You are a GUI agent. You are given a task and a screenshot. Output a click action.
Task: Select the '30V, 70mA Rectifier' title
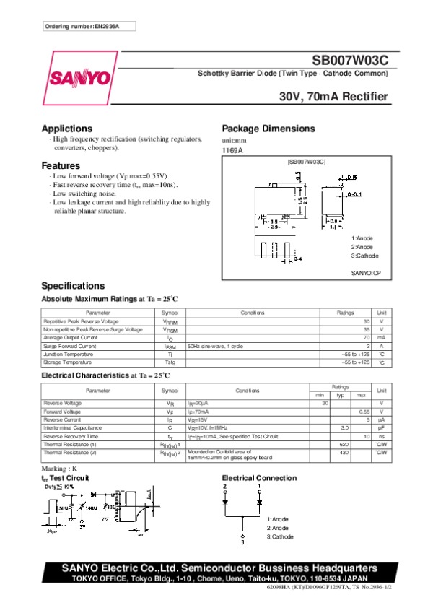click(334, 97)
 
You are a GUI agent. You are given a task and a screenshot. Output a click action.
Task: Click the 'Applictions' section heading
click(67, 129)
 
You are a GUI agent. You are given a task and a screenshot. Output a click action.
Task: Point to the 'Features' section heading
click(61, 165)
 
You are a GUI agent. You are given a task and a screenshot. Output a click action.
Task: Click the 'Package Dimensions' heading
click(268, 129)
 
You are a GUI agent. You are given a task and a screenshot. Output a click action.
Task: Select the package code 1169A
click(232, 150)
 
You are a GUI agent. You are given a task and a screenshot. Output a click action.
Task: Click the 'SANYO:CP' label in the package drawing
click(366, 274)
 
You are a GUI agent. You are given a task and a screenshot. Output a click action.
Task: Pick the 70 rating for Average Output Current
click(366, 337)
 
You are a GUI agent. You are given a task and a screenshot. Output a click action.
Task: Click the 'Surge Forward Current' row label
click(70, 346)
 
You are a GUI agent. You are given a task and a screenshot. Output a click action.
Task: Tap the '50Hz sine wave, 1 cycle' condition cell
click(215, 346)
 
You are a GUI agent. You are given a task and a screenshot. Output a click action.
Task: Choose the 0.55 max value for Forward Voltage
click(364, 411)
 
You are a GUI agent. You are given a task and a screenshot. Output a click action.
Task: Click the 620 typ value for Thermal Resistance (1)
click(344, 445)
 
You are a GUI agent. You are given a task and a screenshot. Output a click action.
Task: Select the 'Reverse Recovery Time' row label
click(71, 436)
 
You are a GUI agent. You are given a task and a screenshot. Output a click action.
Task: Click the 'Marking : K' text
click(60, 469)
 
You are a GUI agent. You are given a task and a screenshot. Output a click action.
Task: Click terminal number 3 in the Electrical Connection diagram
click(242, 541)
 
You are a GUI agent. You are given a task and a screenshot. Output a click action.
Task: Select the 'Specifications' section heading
click(73, 285)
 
